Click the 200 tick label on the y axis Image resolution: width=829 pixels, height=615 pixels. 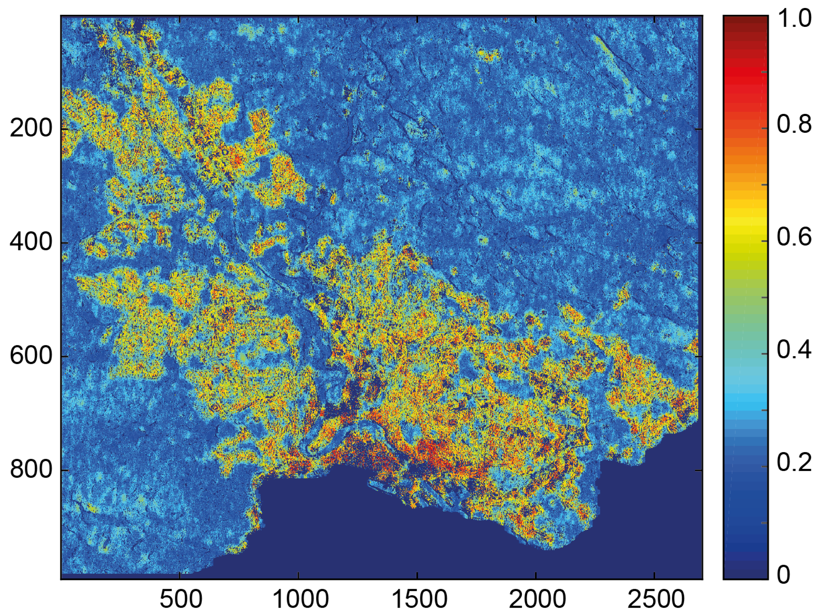point(30,129)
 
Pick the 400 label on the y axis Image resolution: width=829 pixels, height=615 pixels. point(30,243)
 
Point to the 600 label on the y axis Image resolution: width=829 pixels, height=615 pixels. point(30,356)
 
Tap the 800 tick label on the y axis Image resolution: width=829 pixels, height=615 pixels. point(30,470)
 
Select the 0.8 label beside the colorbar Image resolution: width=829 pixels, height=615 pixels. point(795,124)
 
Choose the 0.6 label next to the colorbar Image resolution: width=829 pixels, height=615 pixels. point(795,237)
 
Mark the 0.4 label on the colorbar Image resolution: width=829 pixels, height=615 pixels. point(795,350)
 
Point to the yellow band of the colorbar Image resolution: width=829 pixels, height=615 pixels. point(745,223)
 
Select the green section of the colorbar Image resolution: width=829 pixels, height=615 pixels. point(745,298)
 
